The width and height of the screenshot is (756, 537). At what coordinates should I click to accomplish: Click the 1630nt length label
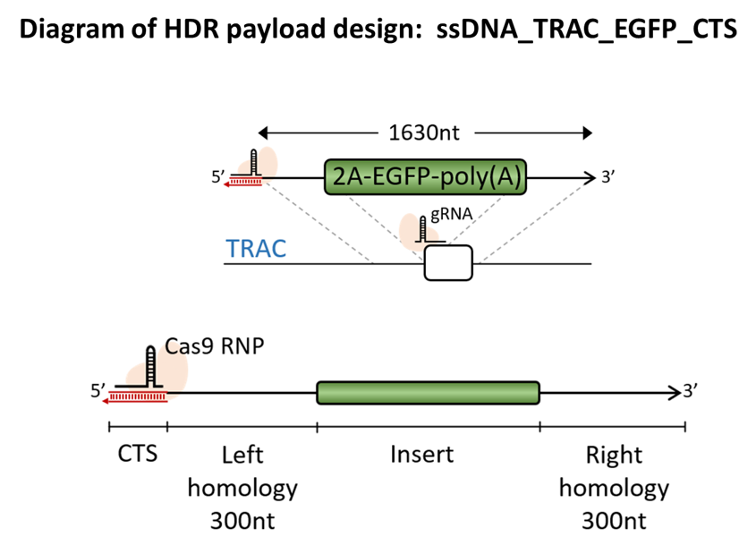point(424,132)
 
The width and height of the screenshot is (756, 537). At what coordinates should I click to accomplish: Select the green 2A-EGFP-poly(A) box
point(425,177)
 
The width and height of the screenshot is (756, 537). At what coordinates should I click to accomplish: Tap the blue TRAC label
point(256,249)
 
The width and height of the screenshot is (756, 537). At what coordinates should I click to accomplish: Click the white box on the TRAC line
point(448,263)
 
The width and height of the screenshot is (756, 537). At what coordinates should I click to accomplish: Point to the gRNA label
point(451,214)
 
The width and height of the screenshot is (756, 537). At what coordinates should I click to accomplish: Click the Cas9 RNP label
point(215,346)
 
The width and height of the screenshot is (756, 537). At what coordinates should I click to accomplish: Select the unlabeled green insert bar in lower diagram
point(429,393)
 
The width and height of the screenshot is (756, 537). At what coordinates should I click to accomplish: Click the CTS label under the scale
point(138,454)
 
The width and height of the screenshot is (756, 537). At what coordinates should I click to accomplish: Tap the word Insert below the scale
point(422,454)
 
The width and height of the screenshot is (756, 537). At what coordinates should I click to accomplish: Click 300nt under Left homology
point(242,521)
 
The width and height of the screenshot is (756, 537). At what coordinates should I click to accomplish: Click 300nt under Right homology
point(614,521)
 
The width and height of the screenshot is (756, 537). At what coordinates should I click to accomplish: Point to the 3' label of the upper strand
point(608,177)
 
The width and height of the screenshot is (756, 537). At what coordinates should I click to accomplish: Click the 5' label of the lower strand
point(98,391)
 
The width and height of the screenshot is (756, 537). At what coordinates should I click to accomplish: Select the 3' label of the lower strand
point(691,391)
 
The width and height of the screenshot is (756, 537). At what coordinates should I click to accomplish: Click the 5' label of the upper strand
point(218,177)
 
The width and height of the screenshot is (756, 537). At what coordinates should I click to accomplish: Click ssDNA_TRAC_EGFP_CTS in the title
point(587,29)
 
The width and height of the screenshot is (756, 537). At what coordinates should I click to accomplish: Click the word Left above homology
point(242,455)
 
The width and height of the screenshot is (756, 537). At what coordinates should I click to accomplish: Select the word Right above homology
point(614,455)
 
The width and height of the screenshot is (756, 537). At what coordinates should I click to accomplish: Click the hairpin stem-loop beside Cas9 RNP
point(151,367)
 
